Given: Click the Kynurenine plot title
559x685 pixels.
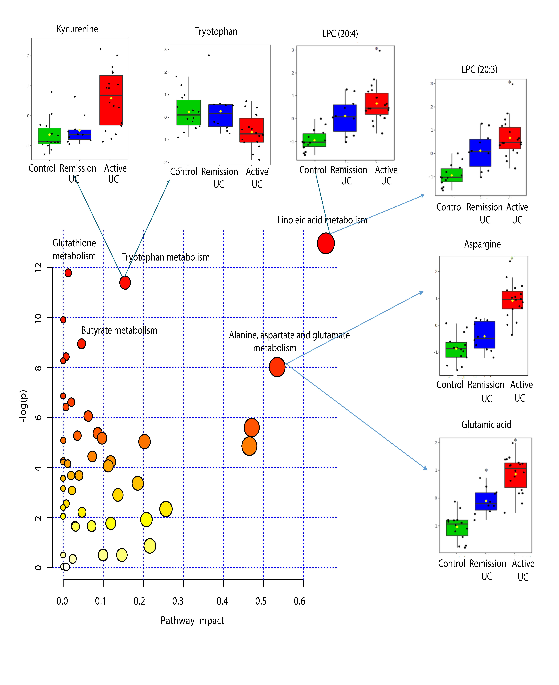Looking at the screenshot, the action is coord(77,29).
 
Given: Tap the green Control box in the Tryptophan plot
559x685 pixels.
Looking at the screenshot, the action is coord(189,112).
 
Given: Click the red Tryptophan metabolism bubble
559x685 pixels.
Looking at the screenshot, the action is coord(125,283).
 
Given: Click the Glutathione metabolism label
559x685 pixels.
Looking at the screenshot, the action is coord(74,249).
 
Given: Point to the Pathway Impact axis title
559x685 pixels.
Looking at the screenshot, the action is coord(193,621).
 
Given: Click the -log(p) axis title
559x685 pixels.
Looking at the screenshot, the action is coord(23,406).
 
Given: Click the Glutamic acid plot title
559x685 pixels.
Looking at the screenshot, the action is coord(486,425).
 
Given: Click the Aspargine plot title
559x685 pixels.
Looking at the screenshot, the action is coord(482,244).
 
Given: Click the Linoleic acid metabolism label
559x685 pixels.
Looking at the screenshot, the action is coord(322,220).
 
